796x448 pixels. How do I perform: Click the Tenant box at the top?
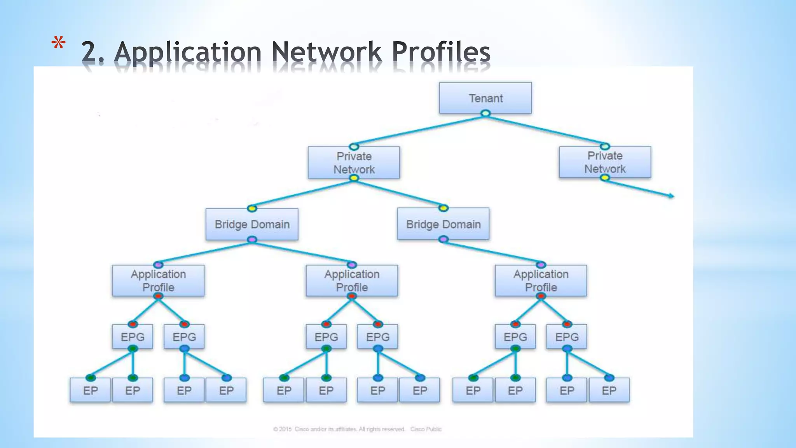click(485, 98)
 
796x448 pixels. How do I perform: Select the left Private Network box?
click(354, 163)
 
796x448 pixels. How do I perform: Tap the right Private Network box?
click(605, 162)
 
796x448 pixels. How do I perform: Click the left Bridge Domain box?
click(252, 224)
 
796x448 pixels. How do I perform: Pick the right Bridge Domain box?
click(443, 224)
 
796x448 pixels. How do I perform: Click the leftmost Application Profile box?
click(158, 281)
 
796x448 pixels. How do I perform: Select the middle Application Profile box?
click(352, 281)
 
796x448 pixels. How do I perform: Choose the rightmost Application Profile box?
click(541, 281)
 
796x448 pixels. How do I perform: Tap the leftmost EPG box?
click(133, 337)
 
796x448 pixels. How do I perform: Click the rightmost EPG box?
click(567, 337)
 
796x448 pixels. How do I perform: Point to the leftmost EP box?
click(90, 390)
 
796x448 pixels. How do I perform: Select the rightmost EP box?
click(609, 390)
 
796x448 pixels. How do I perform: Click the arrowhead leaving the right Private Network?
click(672, 196)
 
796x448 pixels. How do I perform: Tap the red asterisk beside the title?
click(58, 44)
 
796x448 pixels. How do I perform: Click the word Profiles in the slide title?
click(441, 52)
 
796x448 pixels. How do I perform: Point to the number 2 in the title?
click(90, 52)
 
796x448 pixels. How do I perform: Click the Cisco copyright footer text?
click(357, 429)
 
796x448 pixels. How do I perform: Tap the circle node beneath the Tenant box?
click(485, 114)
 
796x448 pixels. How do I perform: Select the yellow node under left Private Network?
click(354, 178)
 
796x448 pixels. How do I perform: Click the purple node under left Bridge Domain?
click(252, 240)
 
